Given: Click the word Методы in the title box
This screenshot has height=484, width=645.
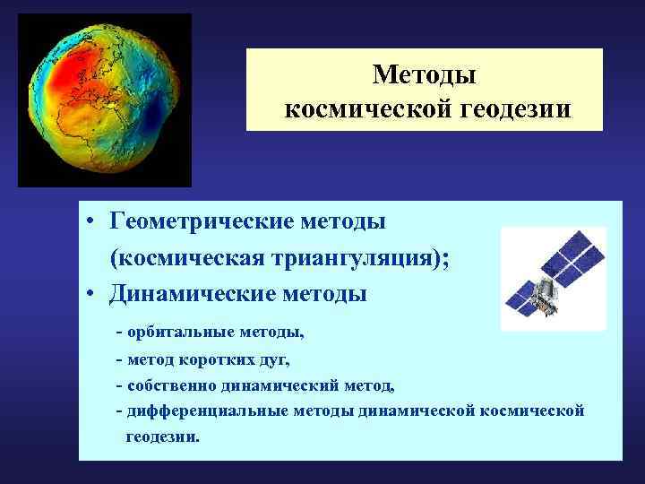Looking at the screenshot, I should click(425, 74).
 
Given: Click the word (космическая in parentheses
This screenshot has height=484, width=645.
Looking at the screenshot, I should click(182, 257).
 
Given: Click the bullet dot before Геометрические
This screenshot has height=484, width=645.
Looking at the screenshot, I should click(92, 221).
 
